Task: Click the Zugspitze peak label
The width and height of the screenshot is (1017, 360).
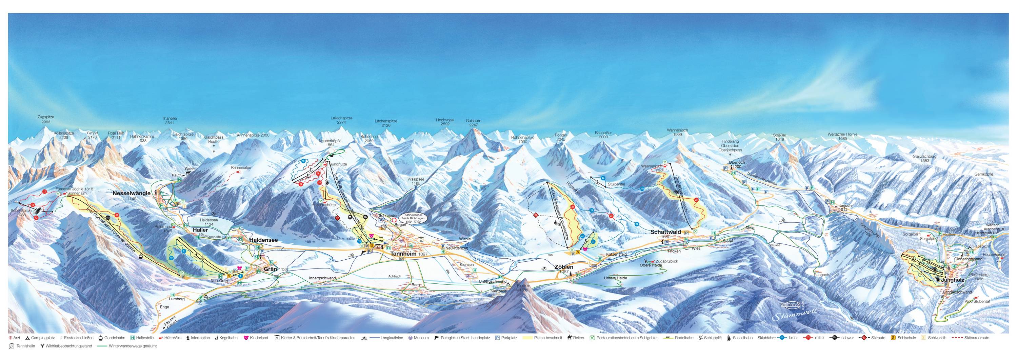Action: coord(45,120)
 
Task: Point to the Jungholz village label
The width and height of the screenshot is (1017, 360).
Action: coord(952,280)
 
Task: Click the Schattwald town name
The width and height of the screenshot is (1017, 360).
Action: coord(666,232)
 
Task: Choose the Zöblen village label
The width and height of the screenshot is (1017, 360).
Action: coord(563,267)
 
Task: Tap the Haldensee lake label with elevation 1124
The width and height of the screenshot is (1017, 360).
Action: coord(206,222)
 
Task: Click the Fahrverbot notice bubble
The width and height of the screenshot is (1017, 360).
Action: coord(412,218)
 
